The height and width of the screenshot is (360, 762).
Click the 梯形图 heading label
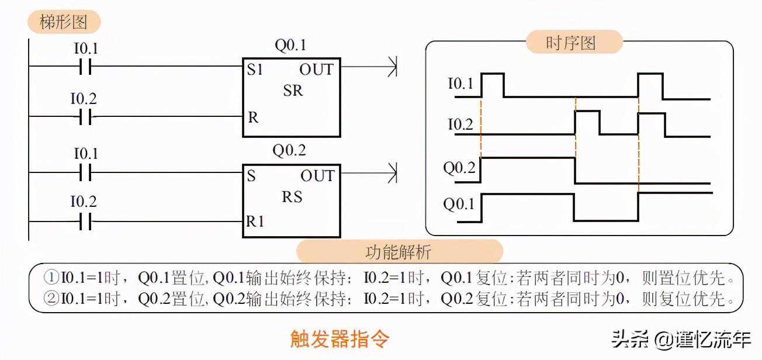coord(64,22)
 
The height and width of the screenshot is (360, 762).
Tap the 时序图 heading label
coord(571,43)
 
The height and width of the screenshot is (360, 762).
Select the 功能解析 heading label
coord(399,252)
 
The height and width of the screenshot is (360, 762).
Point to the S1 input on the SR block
coord(255,70)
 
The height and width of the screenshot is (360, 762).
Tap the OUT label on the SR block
coord(316,70)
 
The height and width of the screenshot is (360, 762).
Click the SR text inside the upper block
coord(293,91)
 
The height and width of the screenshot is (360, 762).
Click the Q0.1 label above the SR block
coord(290,46)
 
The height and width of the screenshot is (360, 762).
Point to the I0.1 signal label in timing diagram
coord(460,84)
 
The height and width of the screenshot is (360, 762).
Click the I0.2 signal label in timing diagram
coord(460,124)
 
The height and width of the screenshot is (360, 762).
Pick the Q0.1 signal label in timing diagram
coord(459,205)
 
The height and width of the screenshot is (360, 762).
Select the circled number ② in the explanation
coord(52,299)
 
